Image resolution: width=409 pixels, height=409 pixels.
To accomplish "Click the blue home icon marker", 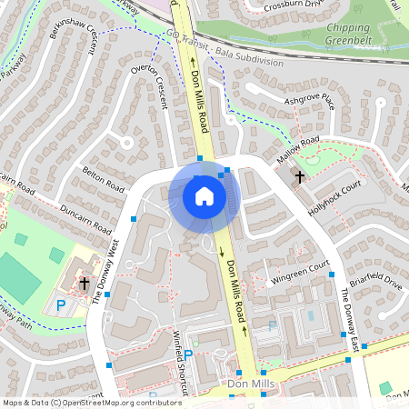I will pos(204,195).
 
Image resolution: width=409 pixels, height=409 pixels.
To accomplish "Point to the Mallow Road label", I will pos(301,145).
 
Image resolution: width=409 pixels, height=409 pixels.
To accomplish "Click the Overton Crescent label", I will pos(150,86).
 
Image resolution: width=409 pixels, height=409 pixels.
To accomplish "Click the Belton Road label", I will pos(102,175).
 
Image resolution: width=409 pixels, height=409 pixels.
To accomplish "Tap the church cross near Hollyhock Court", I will pos(299,176).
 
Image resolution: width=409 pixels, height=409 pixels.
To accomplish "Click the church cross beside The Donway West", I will pos(85,284).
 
